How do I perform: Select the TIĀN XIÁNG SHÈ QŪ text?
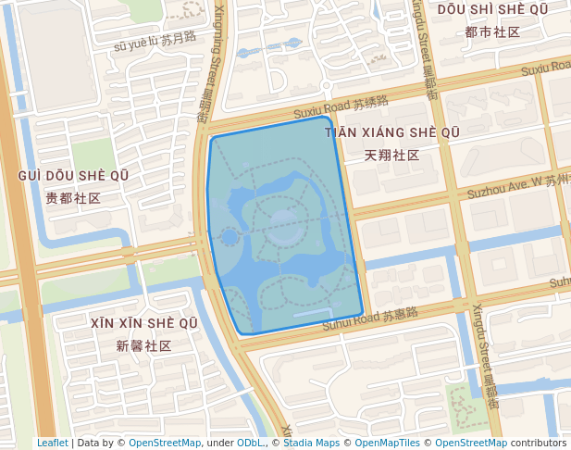tap(392, 133)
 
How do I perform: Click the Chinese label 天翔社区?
tap(392, 155)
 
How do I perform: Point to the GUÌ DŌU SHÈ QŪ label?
tap(73, 176)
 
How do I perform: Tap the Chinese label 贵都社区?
tap(73, 198)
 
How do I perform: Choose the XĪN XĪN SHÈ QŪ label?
tap(144, 323)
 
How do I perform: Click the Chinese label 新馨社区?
tap(144, 345)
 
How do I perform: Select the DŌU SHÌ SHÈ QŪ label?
tap(492, 9)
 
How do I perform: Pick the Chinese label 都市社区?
tap(492, 31)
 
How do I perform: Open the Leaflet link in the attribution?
tap(53, 443)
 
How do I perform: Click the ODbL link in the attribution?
tap(249, 443)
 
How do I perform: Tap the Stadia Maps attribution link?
tap(312, 443)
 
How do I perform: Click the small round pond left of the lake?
tap(229, 237)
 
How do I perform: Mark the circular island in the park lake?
tap(284, 222)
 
